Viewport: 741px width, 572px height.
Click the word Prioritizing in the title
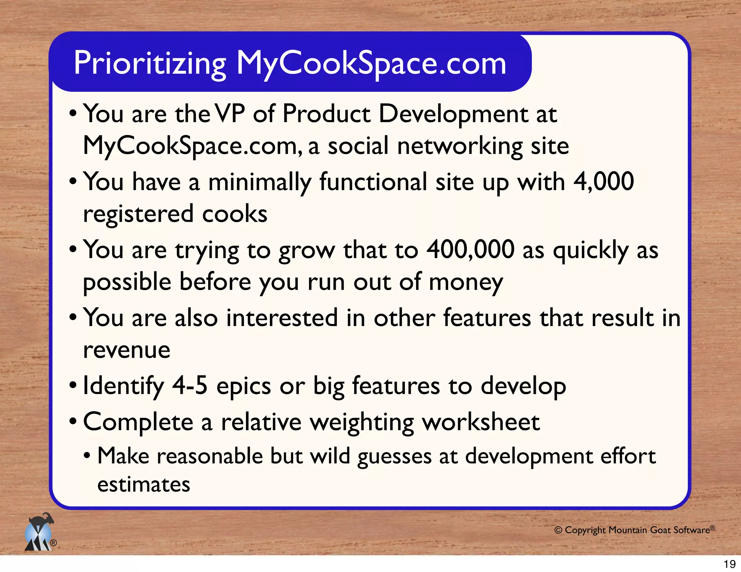pos(150,64)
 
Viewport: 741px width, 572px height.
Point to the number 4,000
pos(604,182)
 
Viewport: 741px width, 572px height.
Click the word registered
pos(138,214)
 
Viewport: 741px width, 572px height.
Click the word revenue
pos(127,350)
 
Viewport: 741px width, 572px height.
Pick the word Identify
pos(123,386)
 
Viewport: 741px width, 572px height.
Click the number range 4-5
pos(190,385)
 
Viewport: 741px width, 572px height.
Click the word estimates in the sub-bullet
pos(144,485)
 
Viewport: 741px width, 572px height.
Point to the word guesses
pos(394,457)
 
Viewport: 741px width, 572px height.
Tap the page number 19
pos(729,564)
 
